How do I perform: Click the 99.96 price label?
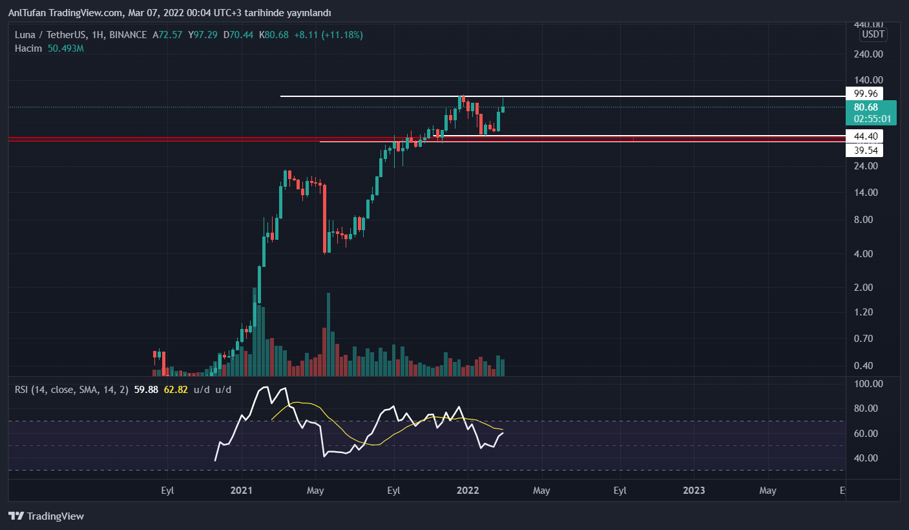[864, 93]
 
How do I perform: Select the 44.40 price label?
[864, 136]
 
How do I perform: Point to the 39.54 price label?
[864, 151]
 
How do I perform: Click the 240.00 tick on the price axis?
[868, 55]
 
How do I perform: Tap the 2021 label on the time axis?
[241, 491]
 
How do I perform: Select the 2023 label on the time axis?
[694, 491]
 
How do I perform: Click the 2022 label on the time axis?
[468, 491]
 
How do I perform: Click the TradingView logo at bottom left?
[46, 516]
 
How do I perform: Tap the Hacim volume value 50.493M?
[66, 48]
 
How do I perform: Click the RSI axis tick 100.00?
[868, 384]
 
